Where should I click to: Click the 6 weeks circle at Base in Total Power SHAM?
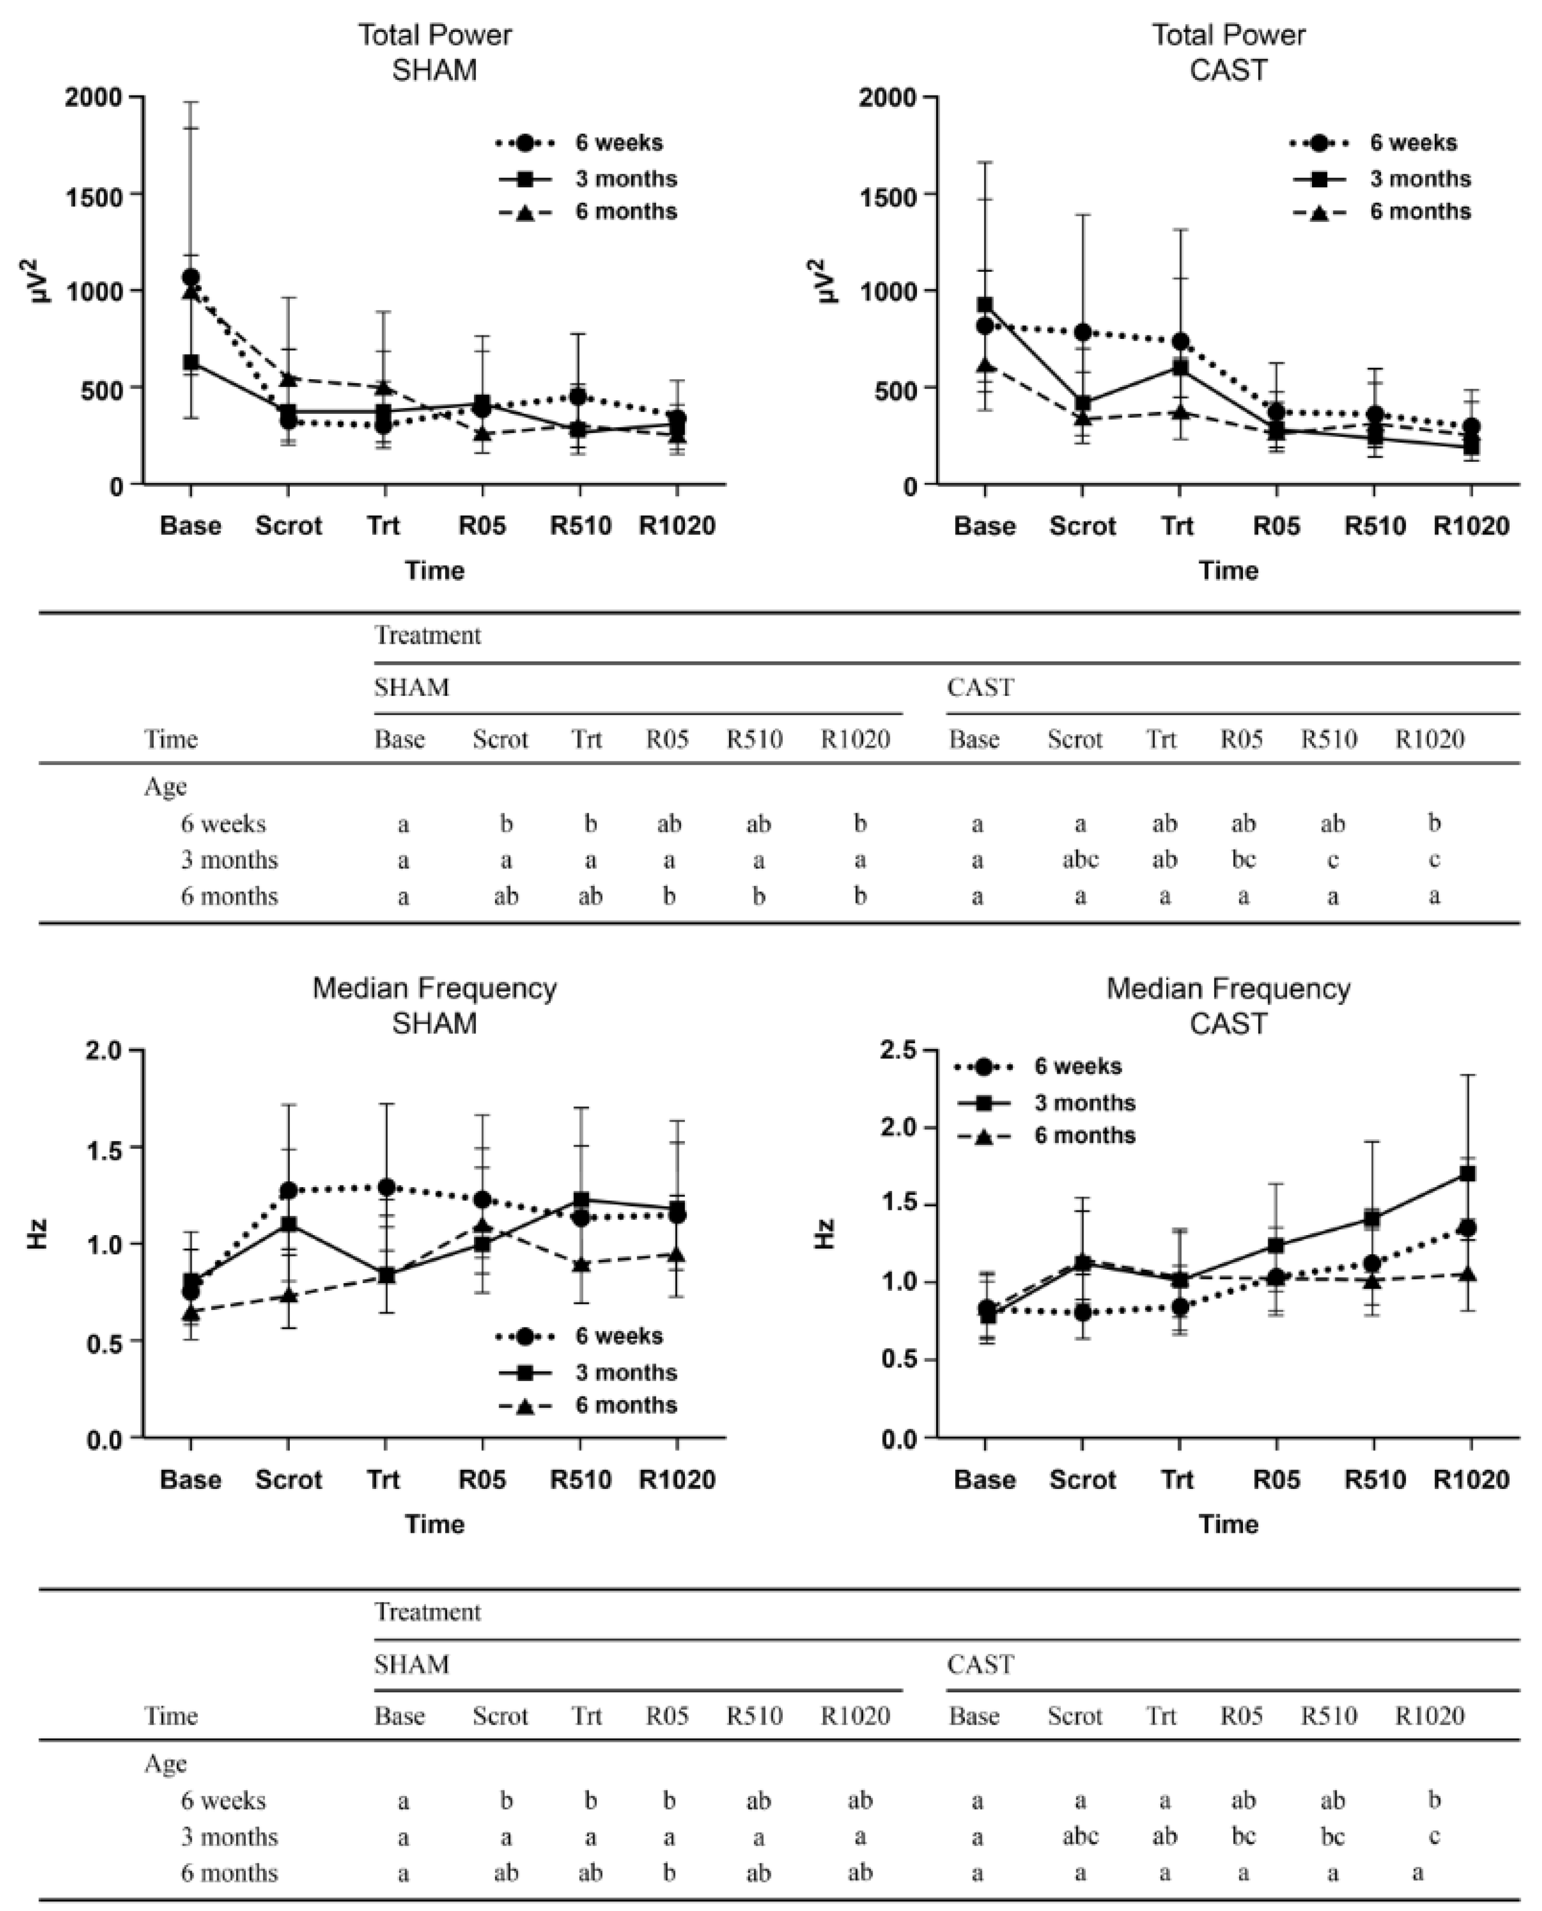pos(190,277)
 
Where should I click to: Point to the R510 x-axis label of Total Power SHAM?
pos(580,526)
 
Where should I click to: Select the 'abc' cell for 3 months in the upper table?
pos(1080,860)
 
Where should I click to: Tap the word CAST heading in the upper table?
pos(980,688)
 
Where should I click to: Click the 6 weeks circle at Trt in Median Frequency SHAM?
pos(386,1187)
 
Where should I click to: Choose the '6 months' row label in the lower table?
pos(229,1873)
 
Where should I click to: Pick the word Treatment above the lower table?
pos(427,1612)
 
